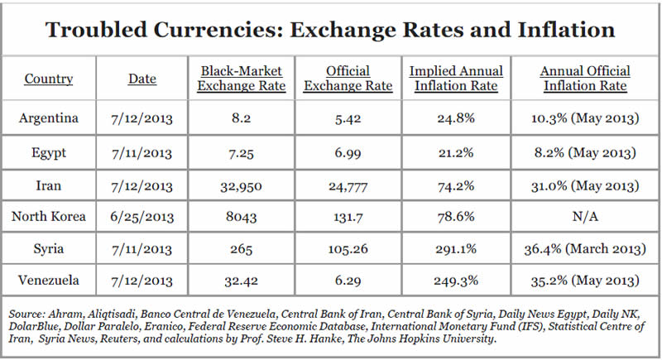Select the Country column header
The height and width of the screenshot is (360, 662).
(48, 79)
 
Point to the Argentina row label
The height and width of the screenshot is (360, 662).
(48, 118)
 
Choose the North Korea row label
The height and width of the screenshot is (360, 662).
(48, 218)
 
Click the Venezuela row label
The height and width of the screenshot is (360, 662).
(48, 280)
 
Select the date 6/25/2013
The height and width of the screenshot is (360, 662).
(142, 218)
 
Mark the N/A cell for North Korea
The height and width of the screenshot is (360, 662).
(585, 218)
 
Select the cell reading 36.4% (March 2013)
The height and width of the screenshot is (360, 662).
(585, 248)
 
